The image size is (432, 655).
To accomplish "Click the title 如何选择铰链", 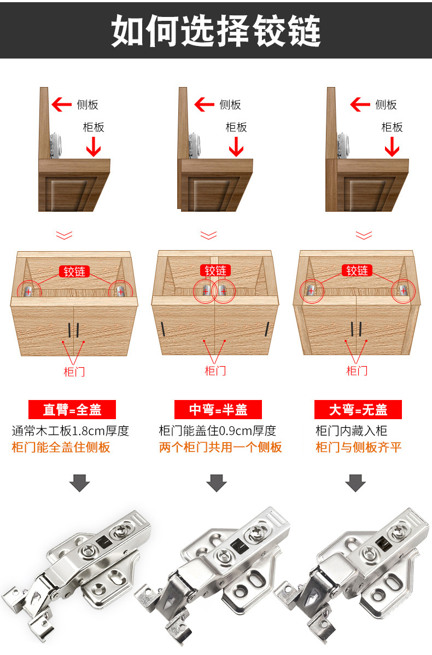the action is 216,30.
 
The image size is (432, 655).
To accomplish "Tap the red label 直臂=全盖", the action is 72,409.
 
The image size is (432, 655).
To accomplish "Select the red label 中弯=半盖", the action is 218,409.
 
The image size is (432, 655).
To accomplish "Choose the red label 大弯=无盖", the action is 358,409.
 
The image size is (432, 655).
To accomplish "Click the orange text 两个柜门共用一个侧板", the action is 220,448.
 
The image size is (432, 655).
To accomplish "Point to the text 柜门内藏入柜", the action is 352,431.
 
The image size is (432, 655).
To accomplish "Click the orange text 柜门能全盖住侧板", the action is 61,448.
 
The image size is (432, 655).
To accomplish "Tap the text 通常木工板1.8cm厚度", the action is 71,431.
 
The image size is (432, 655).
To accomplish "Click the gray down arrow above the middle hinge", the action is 217,483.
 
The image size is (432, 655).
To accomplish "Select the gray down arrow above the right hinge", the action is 355,483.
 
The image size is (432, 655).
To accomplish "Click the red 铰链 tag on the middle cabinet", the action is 215,271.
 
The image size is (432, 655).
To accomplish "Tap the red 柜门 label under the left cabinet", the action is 74,372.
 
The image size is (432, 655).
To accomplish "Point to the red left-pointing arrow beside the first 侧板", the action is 61,105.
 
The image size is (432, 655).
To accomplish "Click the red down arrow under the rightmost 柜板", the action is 392,147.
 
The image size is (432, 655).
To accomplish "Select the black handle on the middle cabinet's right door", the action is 267,329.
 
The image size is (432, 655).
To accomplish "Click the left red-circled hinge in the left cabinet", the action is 29,291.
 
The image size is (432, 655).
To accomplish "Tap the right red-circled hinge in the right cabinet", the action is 403,291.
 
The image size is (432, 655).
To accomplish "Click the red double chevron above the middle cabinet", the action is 208,235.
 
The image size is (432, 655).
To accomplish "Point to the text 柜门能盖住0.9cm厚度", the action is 218,431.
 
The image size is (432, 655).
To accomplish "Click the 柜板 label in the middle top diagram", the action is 236,127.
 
